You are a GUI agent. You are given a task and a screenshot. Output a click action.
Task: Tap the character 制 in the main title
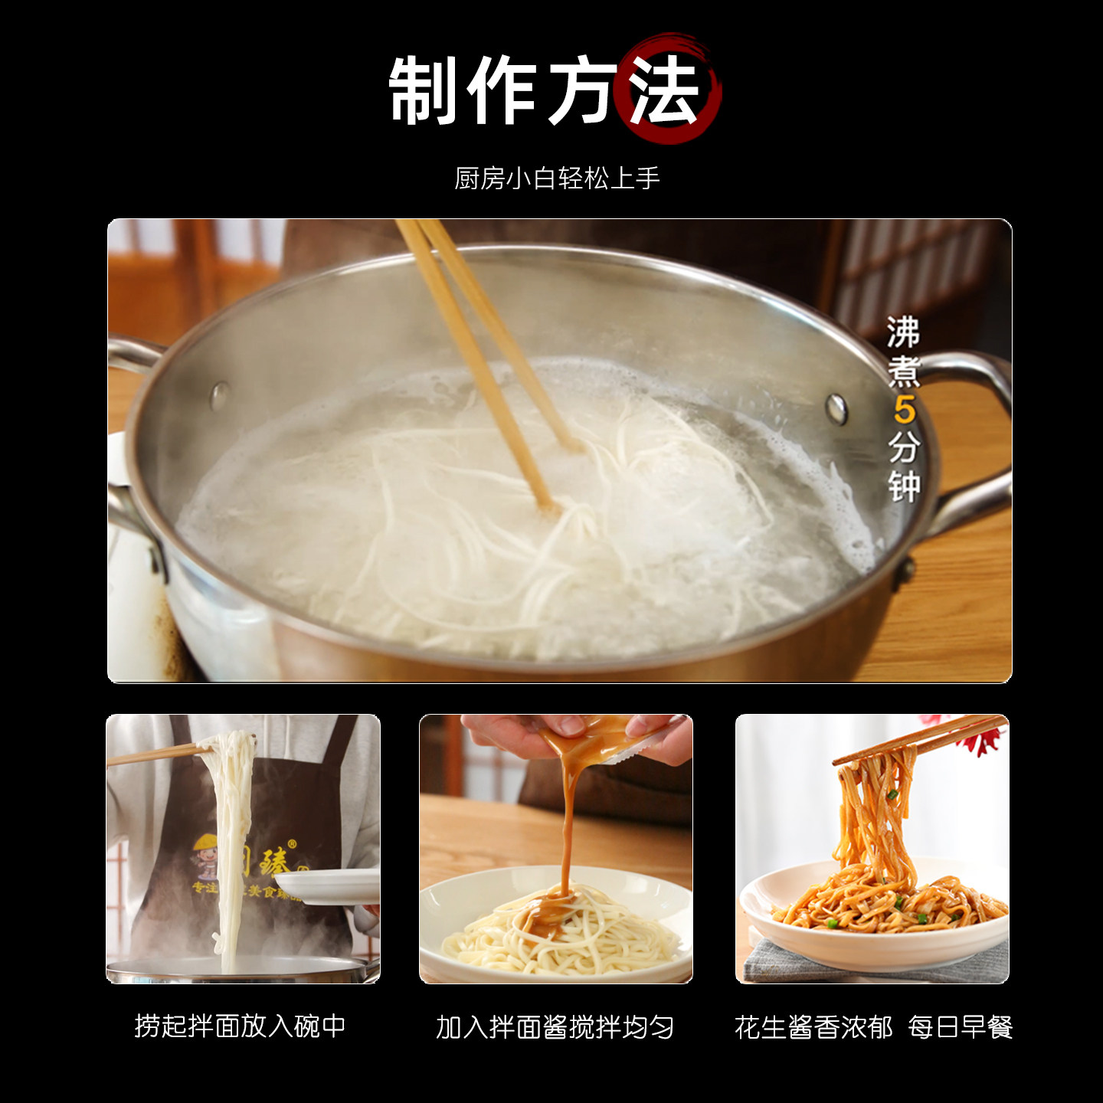[424, 90]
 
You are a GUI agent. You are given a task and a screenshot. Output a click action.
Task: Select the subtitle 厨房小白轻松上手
[557, 178]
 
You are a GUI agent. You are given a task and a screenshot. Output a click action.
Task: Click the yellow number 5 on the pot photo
[904, 410]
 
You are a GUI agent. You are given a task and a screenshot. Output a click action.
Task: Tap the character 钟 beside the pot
[904, 486]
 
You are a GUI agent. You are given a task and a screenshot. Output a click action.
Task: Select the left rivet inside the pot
[220, 395]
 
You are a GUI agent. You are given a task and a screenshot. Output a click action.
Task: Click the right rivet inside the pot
[836, 408]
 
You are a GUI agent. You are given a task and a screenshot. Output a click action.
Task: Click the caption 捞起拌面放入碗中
[241, 1026]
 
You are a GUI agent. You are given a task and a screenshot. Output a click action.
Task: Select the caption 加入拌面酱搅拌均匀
[555, 1027]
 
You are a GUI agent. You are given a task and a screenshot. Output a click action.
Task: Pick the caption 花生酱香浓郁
[813, 1027]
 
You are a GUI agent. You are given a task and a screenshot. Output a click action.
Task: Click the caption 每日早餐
[961, 1027]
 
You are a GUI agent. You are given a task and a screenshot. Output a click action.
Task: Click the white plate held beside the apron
[329, 886]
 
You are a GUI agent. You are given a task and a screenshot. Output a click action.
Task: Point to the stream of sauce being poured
[568, 827]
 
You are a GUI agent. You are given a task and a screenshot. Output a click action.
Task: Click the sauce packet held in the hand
[605, 739]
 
